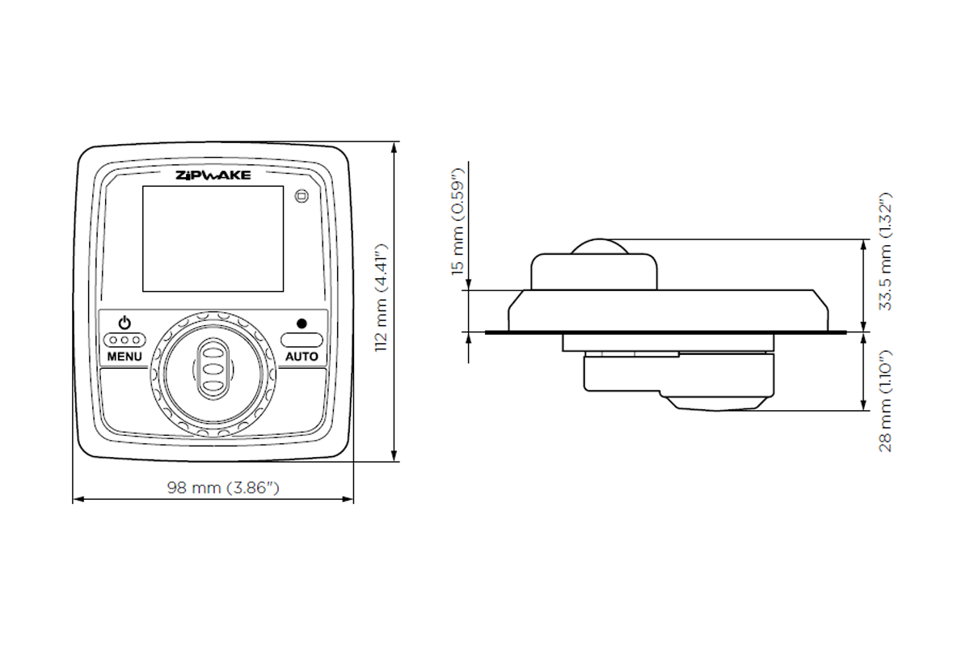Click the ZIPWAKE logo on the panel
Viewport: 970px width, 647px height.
(x=213, y=175)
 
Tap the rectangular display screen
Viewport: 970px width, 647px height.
(x=213, y=239)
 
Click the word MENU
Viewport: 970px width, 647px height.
(x=124, y=357)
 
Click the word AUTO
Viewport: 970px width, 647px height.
(x=302, y=357)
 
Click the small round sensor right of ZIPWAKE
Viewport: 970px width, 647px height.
(x=302, y=196)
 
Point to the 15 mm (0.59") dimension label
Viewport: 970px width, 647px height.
(x=458, y=223)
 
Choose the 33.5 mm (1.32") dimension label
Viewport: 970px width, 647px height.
(x=885, y=252)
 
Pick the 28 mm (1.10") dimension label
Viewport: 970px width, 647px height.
(x=885, y=400)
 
